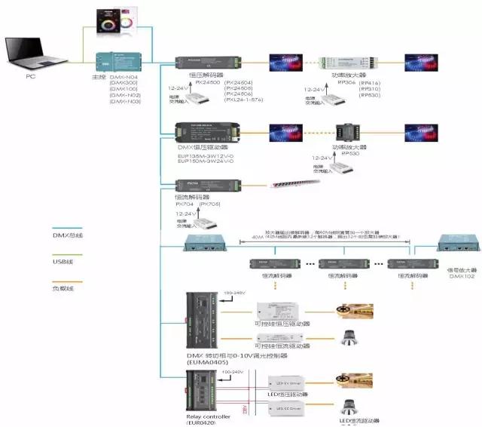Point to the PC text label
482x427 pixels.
pyautogui.click(x=30, y=76)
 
